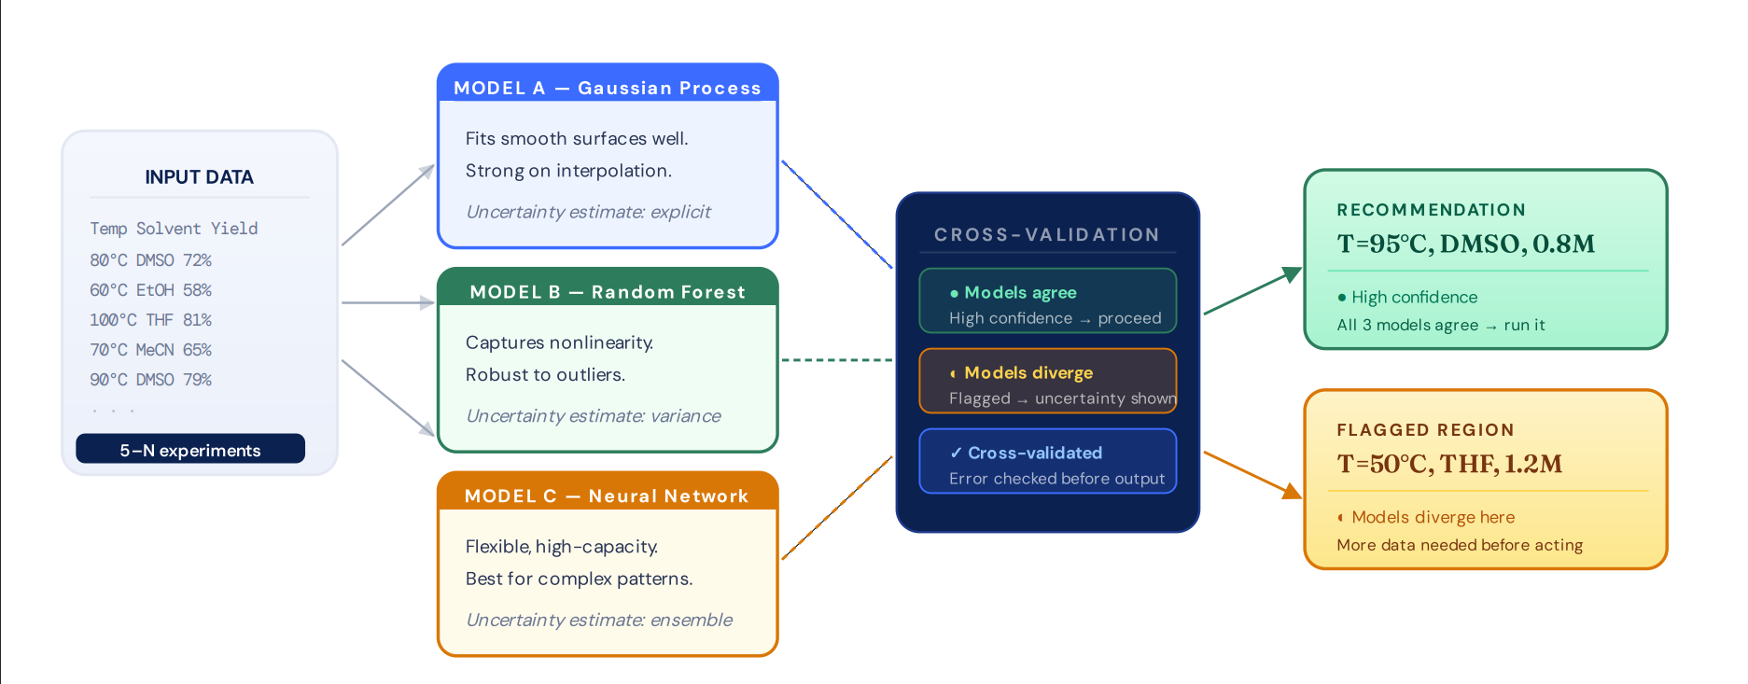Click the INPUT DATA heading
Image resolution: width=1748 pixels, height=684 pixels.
pyautogui.click(x=199, y=177)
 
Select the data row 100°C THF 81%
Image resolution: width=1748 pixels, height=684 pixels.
pyautogui.click(x=150, y=320)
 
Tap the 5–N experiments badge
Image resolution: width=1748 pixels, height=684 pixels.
pyautogui.click(x=190, y=449)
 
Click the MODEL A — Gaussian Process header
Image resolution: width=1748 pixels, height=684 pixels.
pyautogui.click(x=608, y=88)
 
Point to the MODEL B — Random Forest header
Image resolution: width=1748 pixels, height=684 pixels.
pyautogui.click(x=608, y=292)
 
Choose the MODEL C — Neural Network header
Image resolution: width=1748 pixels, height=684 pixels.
pyautogui.click(x=607, y=496)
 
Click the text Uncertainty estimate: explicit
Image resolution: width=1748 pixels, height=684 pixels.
pyautogui.click(x=588, y=212)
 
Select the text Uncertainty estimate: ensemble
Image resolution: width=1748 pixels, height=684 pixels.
pyautogui.click(x=599, y=620)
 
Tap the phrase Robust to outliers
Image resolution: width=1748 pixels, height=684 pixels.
pyautogui.click(x=545, y=374)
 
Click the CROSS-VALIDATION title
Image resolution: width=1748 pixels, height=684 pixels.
pyautogui.click(x=1047, y=234)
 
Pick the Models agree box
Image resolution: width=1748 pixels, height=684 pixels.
pyautogui.click(x=1048, y=300)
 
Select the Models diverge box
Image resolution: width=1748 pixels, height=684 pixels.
pyautogui.click(x=1048, y=381)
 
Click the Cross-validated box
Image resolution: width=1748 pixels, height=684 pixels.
pyautogui.click(x=1048, y=461)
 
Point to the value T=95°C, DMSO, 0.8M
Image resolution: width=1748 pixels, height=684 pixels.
pyautogui.click(x=1465, y=244)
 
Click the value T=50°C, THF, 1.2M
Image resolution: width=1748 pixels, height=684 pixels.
pyautogui.click(x=1449, y=464)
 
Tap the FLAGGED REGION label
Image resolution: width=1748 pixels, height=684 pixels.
pyautogui.click(x=1425, y=430)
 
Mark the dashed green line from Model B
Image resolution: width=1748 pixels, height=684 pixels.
pyautogui.click(x=837, y=359)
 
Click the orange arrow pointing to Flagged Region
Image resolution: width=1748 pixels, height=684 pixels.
pyautogui.click(x=1252, y=475)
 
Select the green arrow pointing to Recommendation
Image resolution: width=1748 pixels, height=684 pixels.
pyautogui.click(x=1252, y=290)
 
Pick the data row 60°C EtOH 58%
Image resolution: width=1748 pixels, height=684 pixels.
pyautogui.click(x=150, y=290)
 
